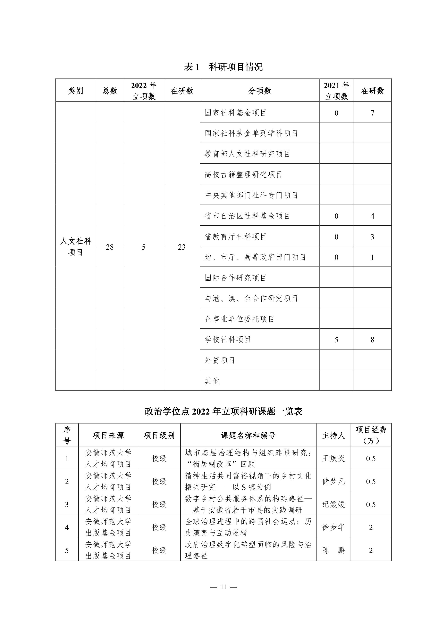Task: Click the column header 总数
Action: (110, 91)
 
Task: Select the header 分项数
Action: (260, 91)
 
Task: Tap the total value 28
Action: (110, 247)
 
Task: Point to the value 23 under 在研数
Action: (182, 247)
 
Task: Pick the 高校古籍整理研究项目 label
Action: (243, 174)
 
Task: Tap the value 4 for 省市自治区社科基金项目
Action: (372, 216)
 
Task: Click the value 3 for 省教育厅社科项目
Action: (372, 237)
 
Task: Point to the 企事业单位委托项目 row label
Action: (240, 319)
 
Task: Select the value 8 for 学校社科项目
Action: (372, 340)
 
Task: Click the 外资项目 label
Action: (220, 360)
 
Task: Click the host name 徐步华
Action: (334, 527)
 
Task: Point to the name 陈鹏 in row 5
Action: (334, 550)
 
